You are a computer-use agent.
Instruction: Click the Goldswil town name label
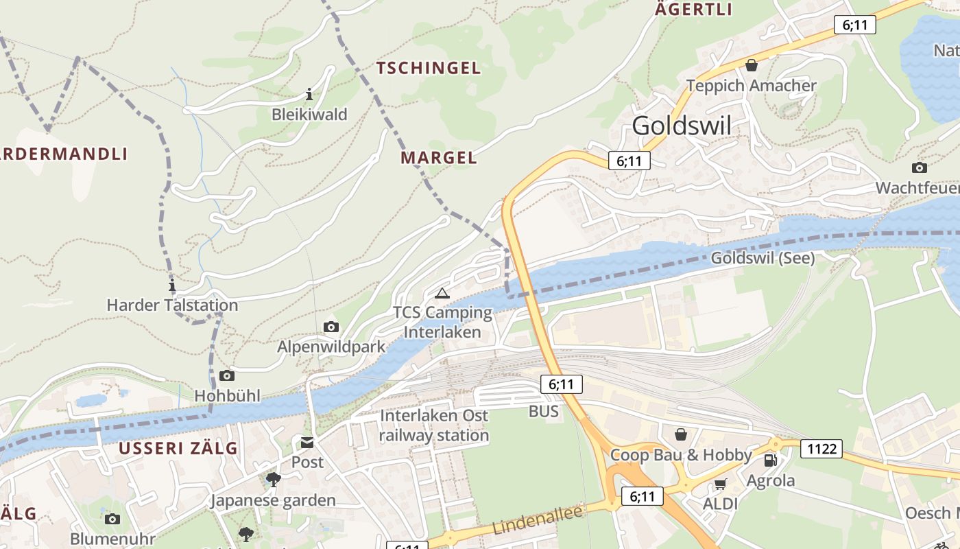click(681, 126)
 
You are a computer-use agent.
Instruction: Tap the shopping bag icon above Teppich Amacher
click(752, 65)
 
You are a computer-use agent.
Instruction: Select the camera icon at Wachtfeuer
click(919, 167)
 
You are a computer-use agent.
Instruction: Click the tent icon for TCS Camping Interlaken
click(442, 294)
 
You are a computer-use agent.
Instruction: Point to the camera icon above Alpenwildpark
click(331, 327)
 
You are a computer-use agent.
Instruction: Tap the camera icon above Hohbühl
click(227, 375)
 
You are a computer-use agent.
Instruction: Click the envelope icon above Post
click(307, 443)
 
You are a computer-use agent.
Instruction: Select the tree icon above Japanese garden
click(273, 479)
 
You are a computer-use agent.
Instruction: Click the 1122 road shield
click(822, 449)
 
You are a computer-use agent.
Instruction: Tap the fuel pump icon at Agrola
click(771, 460)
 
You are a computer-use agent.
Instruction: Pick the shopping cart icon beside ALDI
click(720, 484)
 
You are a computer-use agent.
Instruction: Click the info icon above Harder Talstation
click(172, 285)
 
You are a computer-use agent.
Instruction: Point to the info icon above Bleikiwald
click(309, 94)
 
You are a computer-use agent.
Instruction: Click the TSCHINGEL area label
click(429, 68)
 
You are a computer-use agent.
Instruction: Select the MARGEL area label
click(439, 158)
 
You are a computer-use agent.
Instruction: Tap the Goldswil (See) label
click(763, 258)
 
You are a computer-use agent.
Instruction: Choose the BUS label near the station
click(543, 412)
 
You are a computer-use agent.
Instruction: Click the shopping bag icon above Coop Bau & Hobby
click(681, 434)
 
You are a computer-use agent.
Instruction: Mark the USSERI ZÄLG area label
click(178, 448)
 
